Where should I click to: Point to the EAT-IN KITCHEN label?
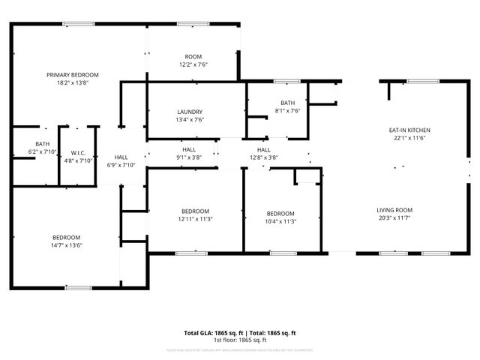point(409,130)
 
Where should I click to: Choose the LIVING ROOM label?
point(394,210)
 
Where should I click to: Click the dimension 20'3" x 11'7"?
point(394,218)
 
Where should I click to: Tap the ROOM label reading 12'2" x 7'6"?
point(194,57)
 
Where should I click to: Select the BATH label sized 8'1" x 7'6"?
point(288,103)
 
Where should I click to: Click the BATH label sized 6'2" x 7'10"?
point(42,143)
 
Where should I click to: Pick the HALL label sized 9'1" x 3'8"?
point(189,150)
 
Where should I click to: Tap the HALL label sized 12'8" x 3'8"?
point(263,150)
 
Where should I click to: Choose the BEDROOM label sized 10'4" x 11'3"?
point(280,213)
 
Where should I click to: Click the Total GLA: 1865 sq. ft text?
point(212,332)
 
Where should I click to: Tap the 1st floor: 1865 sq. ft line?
point(240,340)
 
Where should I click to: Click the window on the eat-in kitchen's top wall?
point(423,80)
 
